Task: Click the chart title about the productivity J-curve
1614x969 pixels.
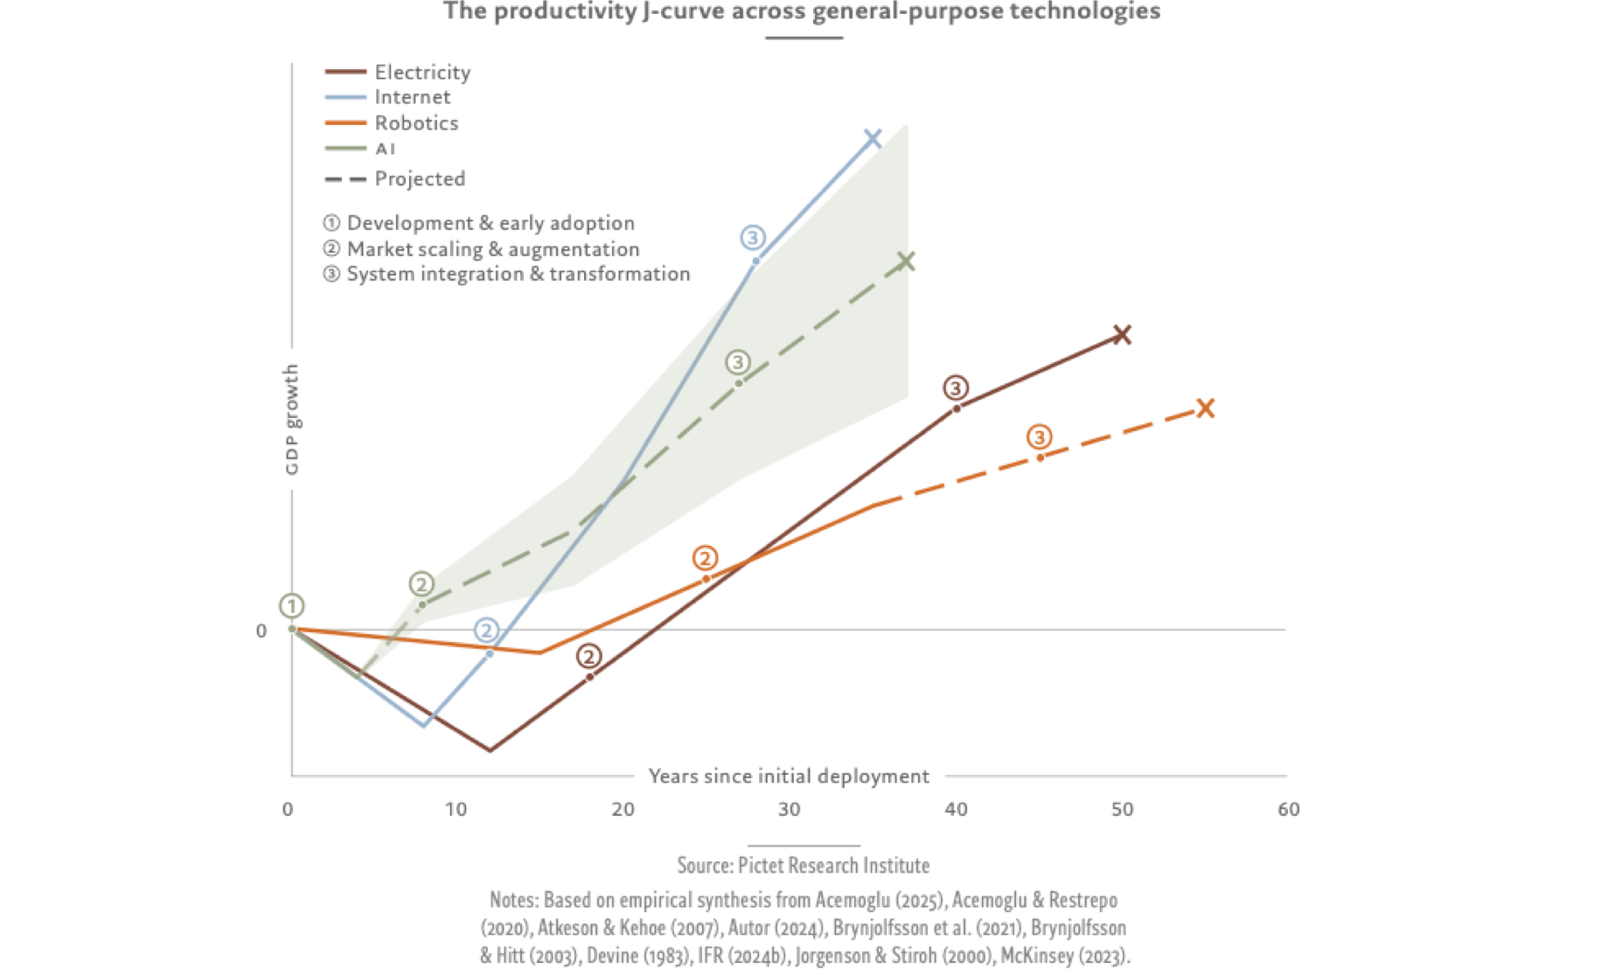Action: [802, 11]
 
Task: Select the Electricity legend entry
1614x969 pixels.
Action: [422, 72]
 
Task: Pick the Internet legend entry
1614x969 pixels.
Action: [412, 97]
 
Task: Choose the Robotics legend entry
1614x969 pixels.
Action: [416, 123]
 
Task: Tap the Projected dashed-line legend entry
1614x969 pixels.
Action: [420, 179]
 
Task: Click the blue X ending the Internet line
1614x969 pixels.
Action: [873, 138]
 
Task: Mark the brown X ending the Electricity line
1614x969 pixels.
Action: [1123, 335]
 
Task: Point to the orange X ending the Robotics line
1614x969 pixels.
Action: [1206, 408]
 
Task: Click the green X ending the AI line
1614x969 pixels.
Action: [907, 261]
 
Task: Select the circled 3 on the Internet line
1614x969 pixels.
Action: [753, 237]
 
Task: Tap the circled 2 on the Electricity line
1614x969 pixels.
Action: [589, 656]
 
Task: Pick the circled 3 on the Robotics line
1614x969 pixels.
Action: [1039, 436]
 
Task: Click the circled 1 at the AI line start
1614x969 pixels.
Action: [292, 605]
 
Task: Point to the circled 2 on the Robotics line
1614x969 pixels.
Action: [705, 558]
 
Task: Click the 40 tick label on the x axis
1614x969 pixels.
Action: [956, 810]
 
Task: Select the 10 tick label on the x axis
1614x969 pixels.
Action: [456, 810]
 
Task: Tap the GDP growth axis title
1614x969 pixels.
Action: [292, 420]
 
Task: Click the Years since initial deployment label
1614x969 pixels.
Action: [789, 777]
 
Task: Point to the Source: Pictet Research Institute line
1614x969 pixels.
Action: [803, 866]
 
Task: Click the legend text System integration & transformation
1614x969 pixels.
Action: [518, 275]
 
